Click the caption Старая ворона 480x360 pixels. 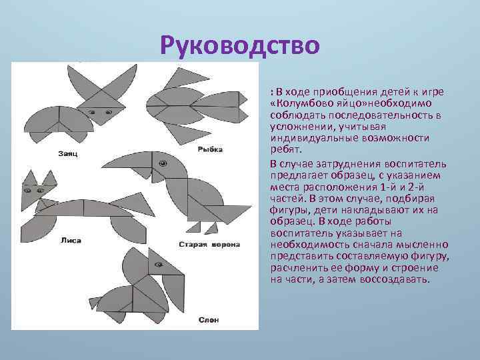point(209,245)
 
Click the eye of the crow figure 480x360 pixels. point(162,163)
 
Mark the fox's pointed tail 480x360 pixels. point(133,199)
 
